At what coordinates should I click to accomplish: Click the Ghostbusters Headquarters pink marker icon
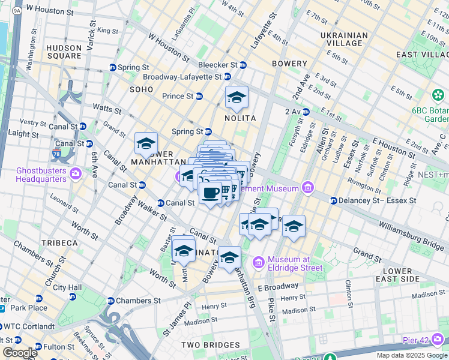76,174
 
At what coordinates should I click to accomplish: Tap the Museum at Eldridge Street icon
259,262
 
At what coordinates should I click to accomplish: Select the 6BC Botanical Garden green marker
438,96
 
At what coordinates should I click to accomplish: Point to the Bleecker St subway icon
243,65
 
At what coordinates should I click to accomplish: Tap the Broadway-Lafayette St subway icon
227,76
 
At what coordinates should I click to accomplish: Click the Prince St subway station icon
199,96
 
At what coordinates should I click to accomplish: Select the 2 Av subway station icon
306,112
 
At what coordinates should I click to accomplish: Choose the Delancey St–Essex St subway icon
333,200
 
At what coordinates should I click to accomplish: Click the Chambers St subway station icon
111,301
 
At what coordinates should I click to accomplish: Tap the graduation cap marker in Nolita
237,97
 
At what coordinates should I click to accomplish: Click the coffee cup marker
210,193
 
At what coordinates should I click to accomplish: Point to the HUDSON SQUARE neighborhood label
64,52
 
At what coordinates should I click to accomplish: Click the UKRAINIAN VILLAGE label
344,39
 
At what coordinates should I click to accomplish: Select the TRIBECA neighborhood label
59,242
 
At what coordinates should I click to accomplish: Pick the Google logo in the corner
19,353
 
